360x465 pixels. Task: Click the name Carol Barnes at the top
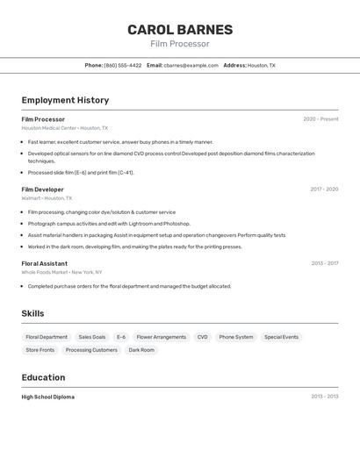coord(180,30)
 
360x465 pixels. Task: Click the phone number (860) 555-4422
coord(122,66)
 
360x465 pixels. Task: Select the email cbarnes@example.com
coord(191,66)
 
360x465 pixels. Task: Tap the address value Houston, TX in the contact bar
coord(261,66)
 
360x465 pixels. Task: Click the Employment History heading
coord(65,100)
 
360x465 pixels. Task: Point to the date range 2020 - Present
coord(320,119)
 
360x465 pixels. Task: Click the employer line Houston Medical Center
coord(65,128)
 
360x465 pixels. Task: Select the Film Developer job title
coord(42,190)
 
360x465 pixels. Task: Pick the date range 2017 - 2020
coord(324,190)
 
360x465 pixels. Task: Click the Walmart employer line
coord(47,198)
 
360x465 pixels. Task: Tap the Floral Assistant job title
coord(44,263)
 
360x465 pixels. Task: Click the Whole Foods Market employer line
coord(61,272)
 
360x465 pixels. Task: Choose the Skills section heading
coord(32,314)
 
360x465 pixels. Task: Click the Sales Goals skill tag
coord(92,337)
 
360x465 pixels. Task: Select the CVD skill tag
coord(202,337)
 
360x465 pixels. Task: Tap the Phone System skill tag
coord(236,337)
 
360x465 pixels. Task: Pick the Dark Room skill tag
coord(141,350)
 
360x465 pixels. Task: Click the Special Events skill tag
coord(281,337)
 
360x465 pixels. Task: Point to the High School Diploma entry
coord(47,397)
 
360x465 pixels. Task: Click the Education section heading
coord(43,377)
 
